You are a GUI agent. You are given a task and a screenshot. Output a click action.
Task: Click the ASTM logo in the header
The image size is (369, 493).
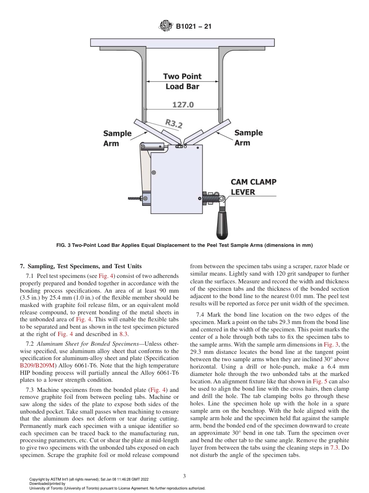coord(166,27)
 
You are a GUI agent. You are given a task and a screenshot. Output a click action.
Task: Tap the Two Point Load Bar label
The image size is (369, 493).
coord(182,81)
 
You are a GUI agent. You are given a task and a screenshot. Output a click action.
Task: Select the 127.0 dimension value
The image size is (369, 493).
coord(183,105)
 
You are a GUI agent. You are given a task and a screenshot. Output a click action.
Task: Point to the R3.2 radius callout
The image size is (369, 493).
coord(174,123)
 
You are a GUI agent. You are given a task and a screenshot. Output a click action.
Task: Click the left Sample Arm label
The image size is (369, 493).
coord(117,138)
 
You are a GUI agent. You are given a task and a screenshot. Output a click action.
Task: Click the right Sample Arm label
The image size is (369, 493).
coord(248,138)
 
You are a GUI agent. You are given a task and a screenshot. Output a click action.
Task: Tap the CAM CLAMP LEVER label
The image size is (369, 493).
coord(254,187)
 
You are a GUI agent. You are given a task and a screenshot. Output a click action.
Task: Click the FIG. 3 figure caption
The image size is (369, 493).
coord(184,245)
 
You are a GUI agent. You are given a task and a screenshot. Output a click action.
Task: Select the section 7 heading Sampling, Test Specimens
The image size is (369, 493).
coord(81,266)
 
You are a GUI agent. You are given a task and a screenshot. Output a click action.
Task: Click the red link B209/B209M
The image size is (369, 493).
coord(38,365)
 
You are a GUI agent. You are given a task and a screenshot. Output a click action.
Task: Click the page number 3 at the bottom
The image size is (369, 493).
coord(184,476)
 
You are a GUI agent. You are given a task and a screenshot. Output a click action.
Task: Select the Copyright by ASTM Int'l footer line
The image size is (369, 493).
coord(89,479)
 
